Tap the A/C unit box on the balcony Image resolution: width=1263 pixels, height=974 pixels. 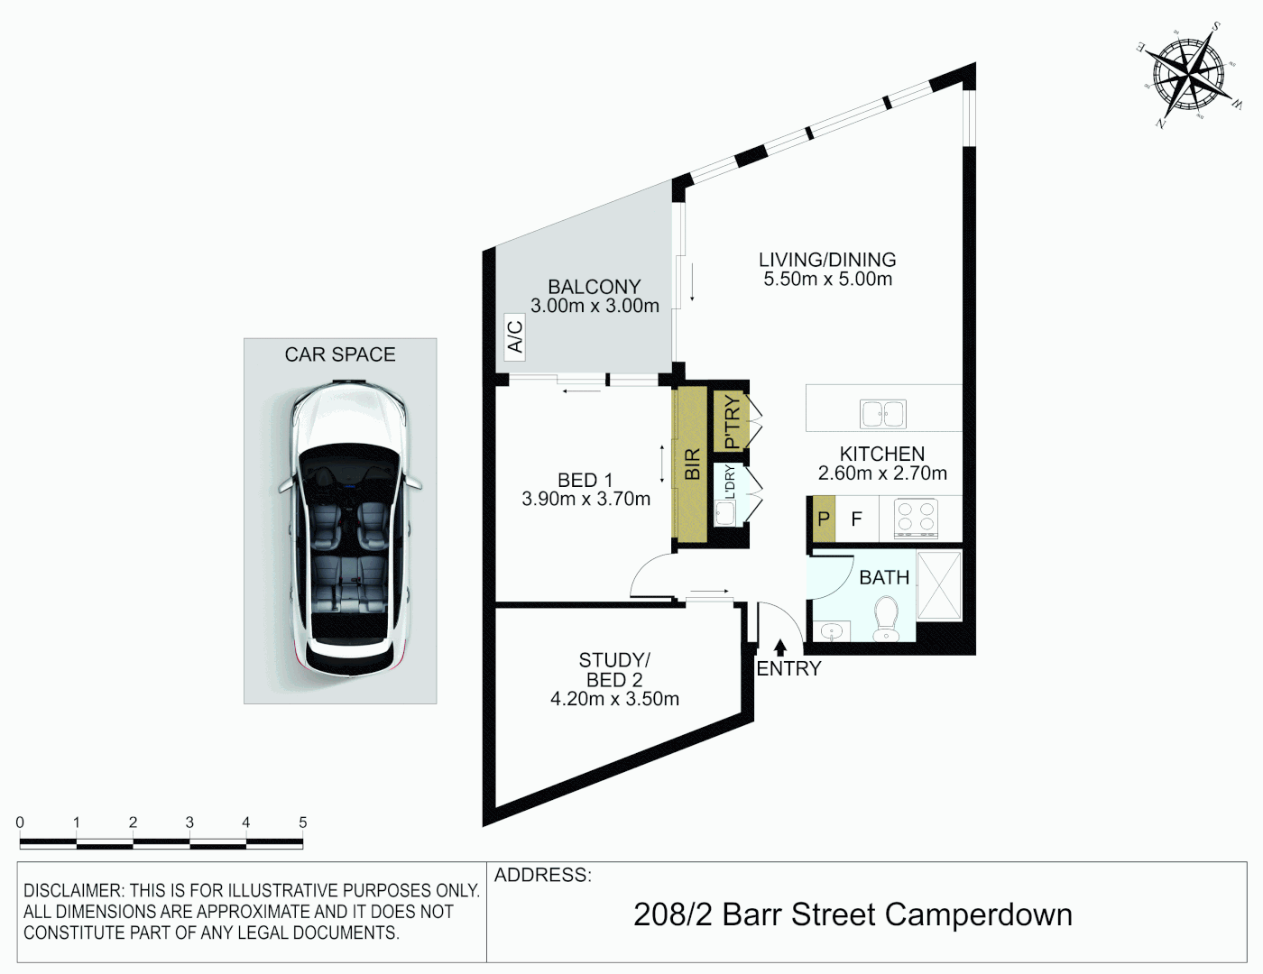click(514, 336)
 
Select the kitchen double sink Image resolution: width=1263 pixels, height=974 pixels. click(882, 414)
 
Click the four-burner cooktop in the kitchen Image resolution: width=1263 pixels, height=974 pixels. click(915, 519)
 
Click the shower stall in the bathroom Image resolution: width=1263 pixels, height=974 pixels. click(939, 585)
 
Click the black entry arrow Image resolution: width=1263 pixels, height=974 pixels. click(780, 647)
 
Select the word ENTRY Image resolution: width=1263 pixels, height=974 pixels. click(788, 669)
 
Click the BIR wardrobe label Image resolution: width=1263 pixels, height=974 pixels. click(692, 464)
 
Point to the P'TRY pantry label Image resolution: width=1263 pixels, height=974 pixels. click(731, 421)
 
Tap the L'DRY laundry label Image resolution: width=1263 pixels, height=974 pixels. click(730, 482)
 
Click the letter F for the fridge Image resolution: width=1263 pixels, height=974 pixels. click(856, 519)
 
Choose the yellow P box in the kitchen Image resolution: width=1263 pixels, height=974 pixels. click(824, 519)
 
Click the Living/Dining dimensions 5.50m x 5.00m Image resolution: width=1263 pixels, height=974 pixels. click(827, 280)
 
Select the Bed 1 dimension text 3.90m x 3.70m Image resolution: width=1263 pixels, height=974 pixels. click(585, 500)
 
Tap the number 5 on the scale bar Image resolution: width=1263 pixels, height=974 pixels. click(303, 822)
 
